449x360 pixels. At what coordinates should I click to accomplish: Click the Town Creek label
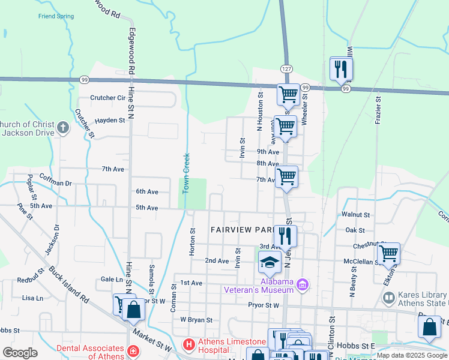[x=186, y=173]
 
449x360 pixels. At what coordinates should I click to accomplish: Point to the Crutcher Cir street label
[x=107, y=98]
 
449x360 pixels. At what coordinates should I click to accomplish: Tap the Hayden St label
[x=109, y=120]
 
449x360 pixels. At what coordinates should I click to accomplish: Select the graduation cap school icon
[x=270, y=262]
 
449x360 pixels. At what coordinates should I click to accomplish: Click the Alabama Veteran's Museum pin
[x=303, y=284]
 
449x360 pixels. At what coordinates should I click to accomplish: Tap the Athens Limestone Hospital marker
[x=188, y=345]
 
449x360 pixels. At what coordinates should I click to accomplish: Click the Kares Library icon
[x=390, y=298]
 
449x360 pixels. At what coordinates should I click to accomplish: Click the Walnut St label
[x=355, y=214]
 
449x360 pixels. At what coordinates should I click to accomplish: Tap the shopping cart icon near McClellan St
[x=389, y=253]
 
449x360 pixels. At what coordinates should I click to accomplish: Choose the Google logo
[x=20, y=352]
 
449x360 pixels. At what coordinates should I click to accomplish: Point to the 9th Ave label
[x=268, y=152]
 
